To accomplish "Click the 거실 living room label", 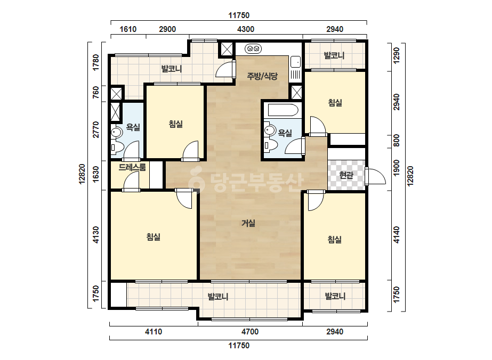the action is click(x=248, y=223).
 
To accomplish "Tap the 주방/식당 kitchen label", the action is click(x=262, y=76).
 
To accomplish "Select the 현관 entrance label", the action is click(x=346, y=175).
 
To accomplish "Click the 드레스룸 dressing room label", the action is click(x=132, y=167).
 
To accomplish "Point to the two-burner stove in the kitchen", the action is click(x=253, y=48).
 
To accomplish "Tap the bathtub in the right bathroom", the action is click(x=283, y=110).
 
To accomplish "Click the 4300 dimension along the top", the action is click(x=245, y=29).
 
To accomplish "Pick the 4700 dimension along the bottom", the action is click(x=250, y=332).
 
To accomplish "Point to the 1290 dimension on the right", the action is click(x=397, y=55).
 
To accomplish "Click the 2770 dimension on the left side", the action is click(x=96, y=129).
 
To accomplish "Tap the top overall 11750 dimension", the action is click(x=239, y=15).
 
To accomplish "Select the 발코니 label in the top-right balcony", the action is click(x=334, y=55).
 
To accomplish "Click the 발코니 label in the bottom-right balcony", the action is click(x=335, y=296).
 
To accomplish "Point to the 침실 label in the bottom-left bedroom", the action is click(x=154, y=237).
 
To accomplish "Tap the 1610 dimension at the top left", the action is click(x=128, y=29).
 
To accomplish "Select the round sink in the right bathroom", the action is click(x=269, y=129).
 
